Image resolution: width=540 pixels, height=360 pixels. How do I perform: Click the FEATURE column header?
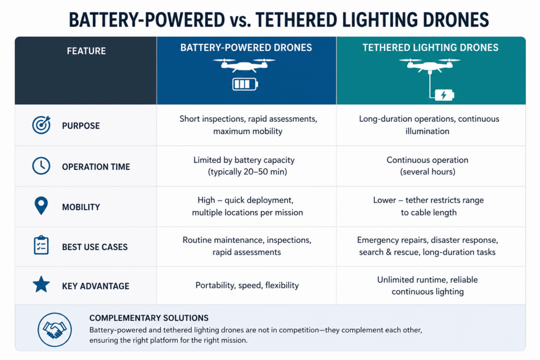(x=86, y=51)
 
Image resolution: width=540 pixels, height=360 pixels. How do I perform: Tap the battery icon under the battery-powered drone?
(x=245, y=84)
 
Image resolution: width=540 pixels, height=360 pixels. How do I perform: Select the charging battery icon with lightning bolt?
(x=444, y=95)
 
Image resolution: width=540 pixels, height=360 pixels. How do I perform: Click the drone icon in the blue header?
(x=244, y=65)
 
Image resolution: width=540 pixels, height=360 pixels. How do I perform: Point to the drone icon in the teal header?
(x=429, y=65)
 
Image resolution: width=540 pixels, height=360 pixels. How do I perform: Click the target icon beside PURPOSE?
(x=41, y=124)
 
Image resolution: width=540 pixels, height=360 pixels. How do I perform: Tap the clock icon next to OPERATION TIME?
(x=41, y=166)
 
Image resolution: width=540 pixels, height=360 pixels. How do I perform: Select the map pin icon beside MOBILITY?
(x=41, y=206)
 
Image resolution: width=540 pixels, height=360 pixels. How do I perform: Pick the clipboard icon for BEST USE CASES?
(x=41, y=245)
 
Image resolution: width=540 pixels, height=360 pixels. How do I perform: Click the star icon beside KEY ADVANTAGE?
(x=41, y=284)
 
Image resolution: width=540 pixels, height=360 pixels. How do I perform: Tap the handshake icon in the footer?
(x=54, y=329)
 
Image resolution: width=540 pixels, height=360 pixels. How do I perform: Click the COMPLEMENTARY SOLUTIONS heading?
(x=149, y=318)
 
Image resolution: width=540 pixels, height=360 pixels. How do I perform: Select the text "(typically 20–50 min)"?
(x=247, y=172)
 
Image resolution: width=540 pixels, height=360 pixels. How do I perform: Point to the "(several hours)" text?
(x=427, y=172)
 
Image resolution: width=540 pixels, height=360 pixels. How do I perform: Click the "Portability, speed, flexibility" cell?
(x=247, y=285)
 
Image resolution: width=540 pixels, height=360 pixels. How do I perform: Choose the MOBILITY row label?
(x=81, y=207)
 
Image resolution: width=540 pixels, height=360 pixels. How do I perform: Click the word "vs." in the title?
(x=240, y=20)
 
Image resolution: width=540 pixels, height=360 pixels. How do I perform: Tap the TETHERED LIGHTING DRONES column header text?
(x=430, y=47)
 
